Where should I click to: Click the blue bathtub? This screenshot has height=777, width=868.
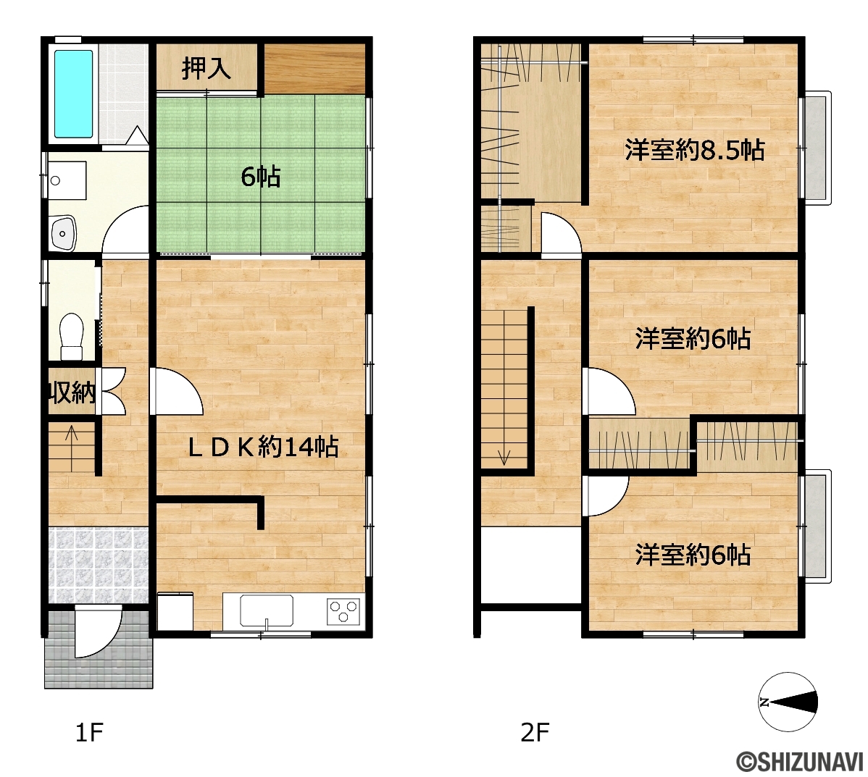point(74,93)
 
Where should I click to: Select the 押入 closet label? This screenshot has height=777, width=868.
point(206,68)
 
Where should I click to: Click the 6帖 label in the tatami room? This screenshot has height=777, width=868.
point(261,177)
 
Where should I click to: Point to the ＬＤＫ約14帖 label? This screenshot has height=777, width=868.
point(263,447)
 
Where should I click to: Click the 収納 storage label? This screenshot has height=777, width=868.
point(72,393)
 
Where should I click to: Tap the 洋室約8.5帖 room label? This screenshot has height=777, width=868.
point(695,150)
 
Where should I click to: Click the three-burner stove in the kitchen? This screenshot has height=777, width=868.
point(343,611)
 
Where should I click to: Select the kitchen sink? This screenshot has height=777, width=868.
point(266,611)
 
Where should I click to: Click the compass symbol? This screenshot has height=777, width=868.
point(788,702)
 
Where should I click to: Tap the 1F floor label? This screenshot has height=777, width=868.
point(89,733)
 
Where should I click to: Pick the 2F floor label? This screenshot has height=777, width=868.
point(535,733)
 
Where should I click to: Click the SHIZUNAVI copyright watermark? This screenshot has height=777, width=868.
point(799,762)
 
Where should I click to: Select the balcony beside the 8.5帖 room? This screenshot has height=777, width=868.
point(815,148)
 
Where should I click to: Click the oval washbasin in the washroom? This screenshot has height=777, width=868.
point(63,233)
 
